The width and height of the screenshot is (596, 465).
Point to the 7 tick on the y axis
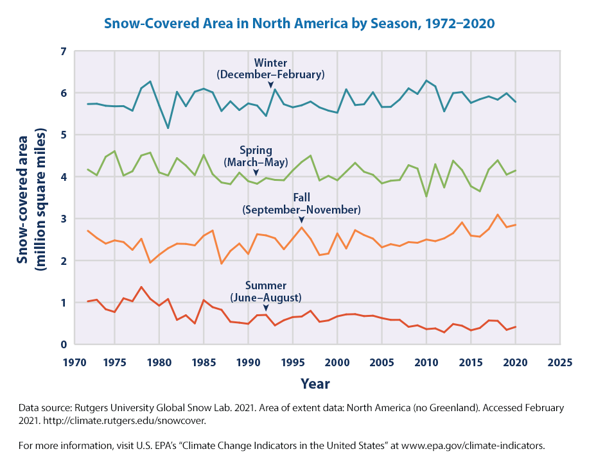click(x=63, y=51)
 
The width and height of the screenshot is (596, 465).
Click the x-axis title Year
click(x=315, y=384)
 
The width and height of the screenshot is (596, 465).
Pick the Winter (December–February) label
click(x=270, y=69)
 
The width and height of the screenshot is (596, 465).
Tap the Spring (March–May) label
click(x=256, y=157)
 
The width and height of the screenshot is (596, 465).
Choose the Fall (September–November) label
click(x=301, y=204)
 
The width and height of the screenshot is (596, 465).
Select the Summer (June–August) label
click(x=266, y=292)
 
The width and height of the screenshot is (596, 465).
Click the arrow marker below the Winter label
click(x=271, y=85)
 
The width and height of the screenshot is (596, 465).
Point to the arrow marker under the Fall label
click(x=302, y=220)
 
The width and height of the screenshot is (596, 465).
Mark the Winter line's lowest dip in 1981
click(x=168, y=128)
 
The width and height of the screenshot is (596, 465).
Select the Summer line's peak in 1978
click(x=141, y=287)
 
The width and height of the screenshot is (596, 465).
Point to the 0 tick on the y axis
click(x=63, y=344)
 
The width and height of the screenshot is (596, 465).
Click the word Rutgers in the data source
click(x=93, y=408)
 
